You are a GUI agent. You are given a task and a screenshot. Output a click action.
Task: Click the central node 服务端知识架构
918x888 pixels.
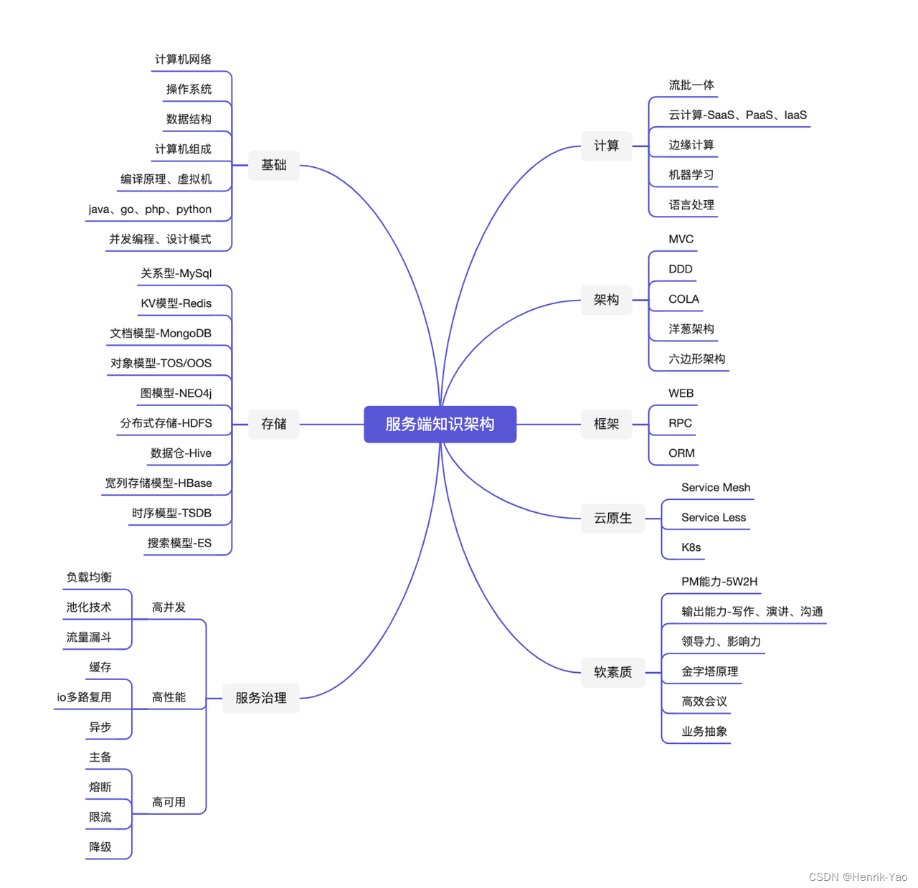click(x=440, y=424)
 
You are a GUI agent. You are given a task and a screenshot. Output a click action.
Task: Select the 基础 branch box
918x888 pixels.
click(x=273, y=165)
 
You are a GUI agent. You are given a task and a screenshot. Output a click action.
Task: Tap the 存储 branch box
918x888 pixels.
click(x=273, y=424)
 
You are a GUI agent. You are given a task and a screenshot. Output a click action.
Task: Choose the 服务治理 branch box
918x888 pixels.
click(x=260, y=698)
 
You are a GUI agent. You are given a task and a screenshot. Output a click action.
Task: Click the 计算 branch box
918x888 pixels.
click(x=606, y=146)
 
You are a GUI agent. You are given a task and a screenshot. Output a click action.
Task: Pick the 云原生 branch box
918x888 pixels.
click(x=612, y=518)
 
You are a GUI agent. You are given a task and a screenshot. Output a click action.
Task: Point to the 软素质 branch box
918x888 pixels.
click(x=612, y=672)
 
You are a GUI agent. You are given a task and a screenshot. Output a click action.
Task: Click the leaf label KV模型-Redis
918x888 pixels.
click(x=176, y=303)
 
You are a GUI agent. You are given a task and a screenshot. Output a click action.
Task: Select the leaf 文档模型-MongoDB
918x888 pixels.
click(x=161, y=334)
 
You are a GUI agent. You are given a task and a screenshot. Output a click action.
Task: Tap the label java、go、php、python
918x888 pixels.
click(x=150, y=209)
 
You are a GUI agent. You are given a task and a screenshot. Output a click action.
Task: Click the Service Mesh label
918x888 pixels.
click(x=716, y=488)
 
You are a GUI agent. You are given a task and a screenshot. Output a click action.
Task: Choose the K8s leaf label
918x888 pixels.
click(x=691, y=547)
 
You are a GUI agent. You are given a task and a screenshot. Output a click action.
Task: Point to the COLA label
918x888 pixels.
click(x=683, y=299)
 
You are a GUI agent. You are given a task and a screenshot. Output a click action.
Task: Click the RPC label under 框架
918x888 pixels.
click(x=680, y=423)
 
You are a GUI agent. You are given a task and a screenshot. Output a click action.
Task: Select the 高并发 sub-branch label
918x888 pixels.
click(x=169, y=608)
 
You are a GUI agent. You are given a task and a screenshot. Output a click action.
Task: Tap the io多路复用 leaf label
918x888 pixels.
click(x=84, y=697)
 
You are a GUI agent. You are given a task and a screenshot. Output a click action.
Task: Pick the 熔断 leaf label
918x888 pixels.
click(x=100, y=787)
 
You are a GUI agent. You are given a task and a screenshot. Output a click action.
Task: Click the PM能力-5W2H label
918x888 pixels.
click(x=719, y=582)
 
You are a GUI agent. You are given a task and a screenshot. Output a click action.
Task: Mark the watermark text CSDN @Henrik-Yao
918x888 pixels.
click(x=858, y=877)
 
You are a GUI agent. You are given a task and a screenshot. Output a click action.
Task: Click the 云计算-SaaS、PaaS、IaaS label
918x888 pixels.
click(x=737, y=115)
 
